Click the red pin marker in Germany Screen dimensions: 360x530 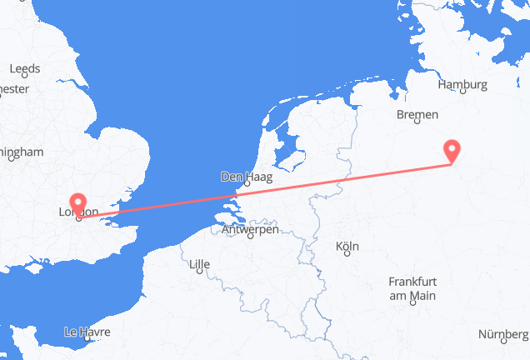[x=452, y=150]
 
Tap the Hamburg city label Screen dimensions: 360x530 [x=462, y=84]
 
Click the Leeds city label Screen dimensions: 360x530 [x=24, y=68]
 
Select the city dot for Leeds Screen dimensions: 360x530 [x=24, y=78]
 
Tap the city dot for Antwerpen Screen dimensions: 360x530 [x=249, y=239]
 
